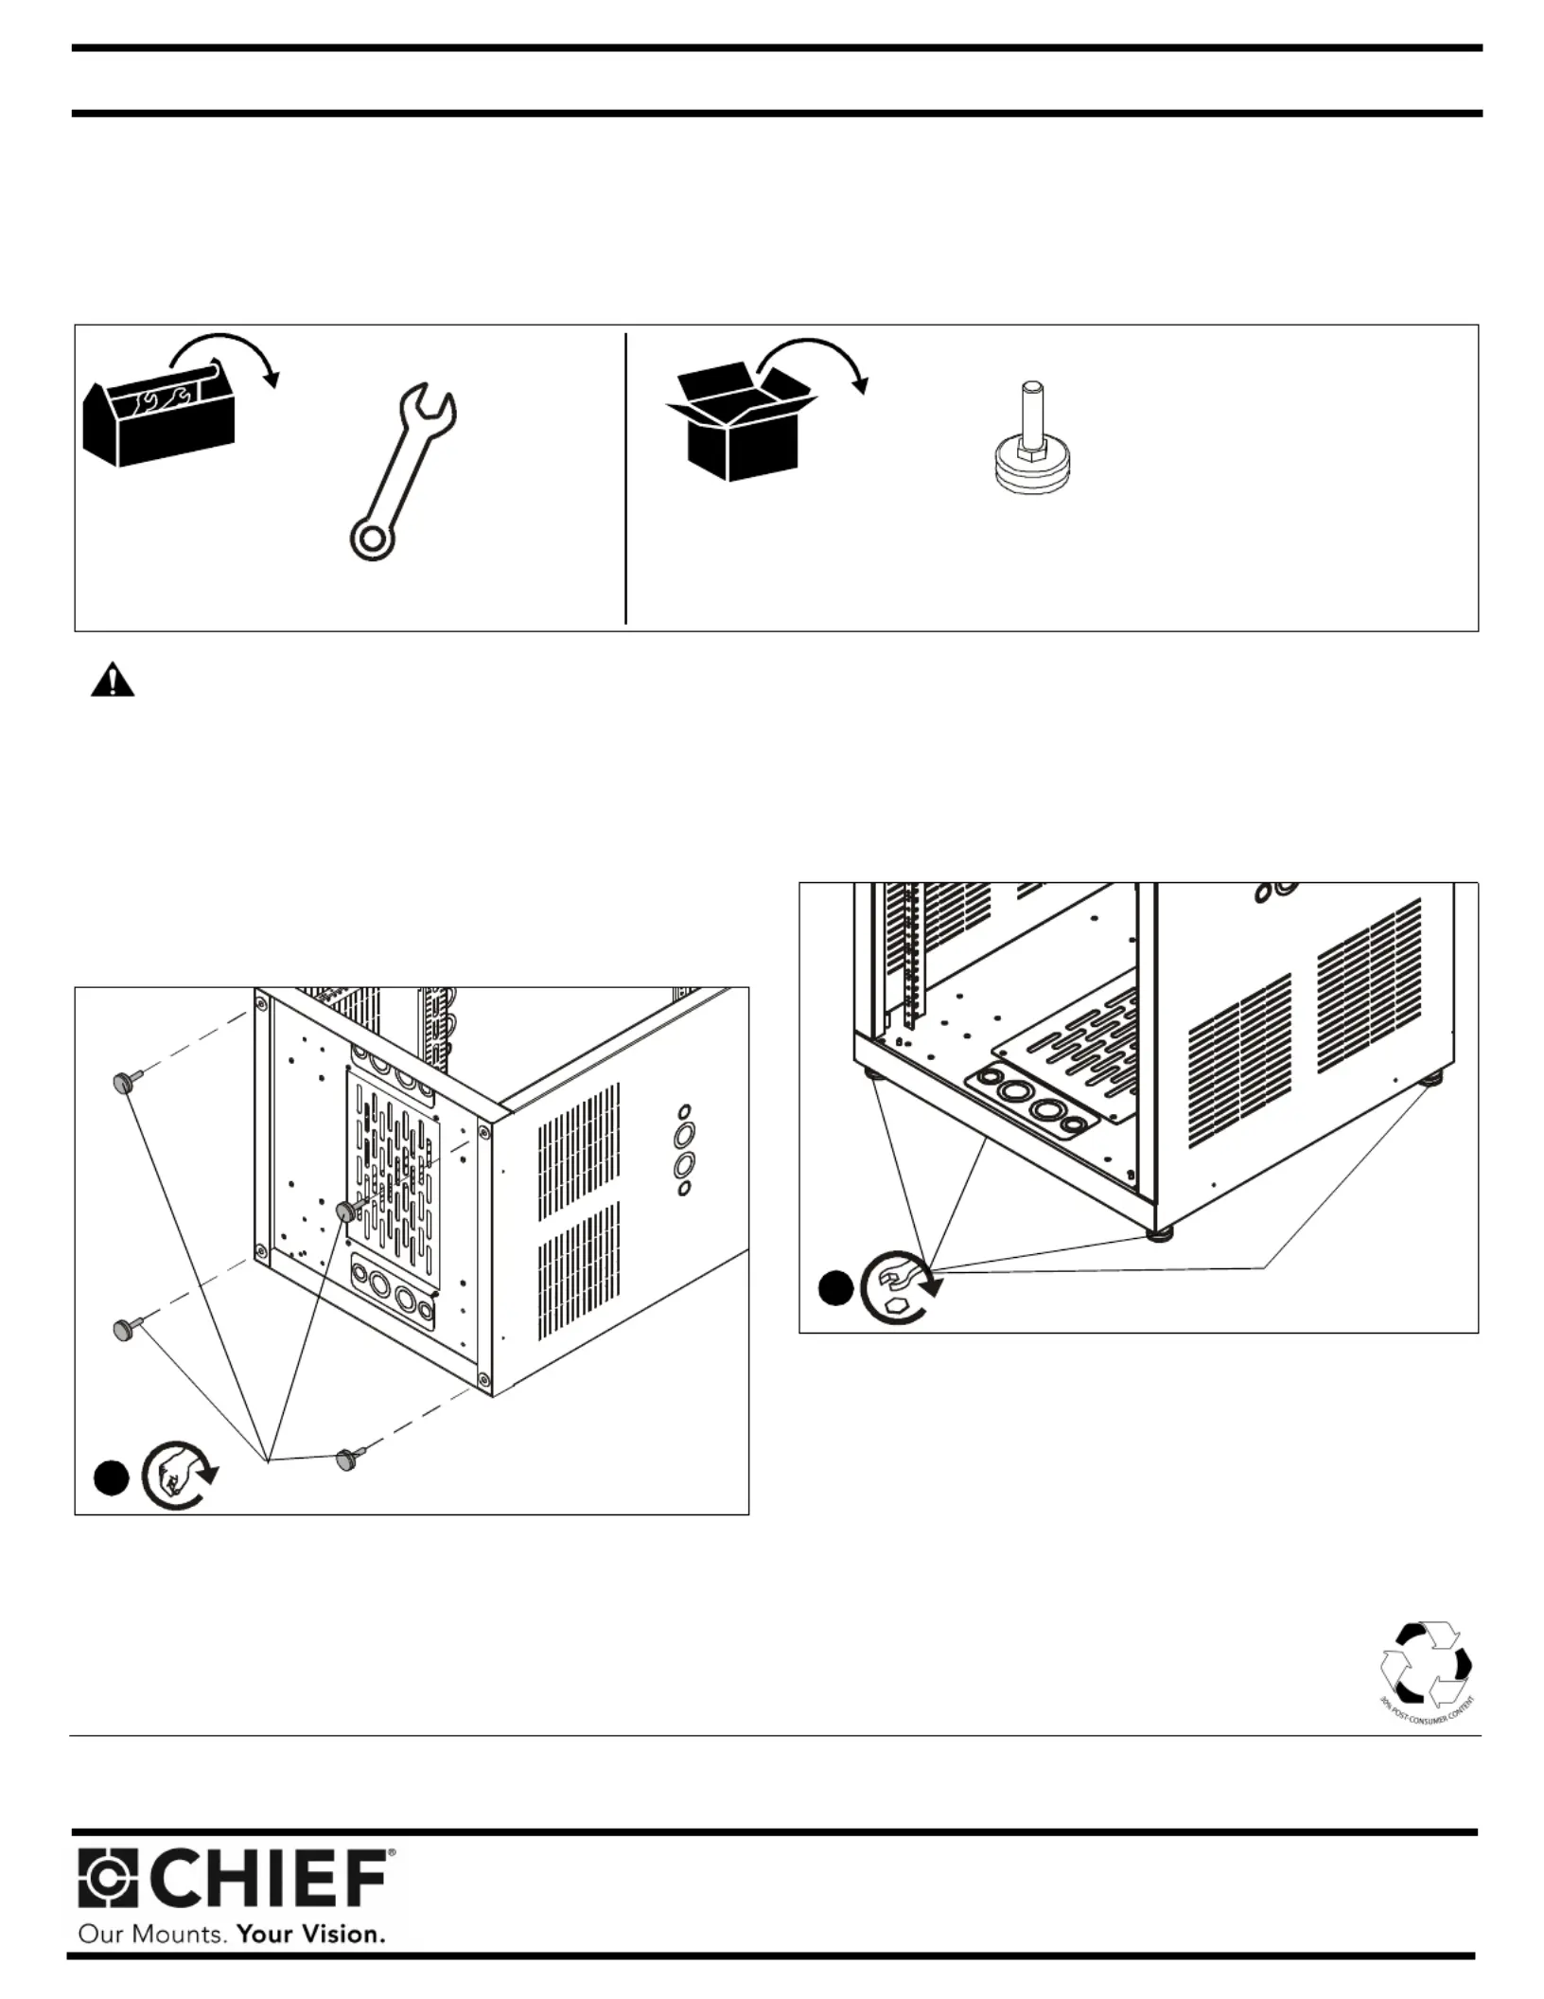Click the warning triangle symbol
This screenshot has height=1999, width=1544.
(112, 681)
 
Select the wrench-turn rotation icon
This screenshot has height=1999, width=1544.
(899, 1286)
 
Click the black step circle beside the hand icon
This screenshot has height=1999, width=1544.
(111, 1479)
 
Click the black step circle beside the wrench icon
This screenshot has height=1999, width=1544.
(835, 1289)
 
